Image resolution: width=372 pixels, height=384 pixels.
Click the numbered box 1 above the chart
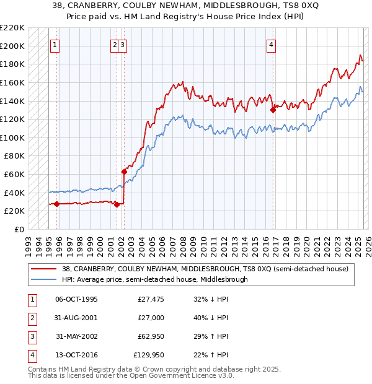[x=55, y=45]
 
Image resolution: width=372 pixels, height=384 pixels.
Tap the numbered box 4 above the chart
[x=272, y=45]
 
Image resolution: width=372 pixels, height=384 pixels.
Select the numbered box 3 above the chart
[x=123, y=45]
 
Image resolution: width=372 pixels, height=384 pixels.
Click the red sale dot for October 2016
[x=273, y=110]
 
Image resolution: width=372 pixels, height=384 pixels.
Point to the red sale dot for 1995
[x=56, y=204]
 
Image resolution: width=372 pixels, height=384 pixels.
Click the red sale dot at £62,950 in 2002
[x=124, y=172]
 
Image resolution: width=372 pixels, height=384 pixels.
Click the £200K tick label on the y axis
[x=12, y=46]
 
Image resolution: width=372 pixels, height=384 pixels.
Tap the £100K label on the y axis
[x=12, y=137]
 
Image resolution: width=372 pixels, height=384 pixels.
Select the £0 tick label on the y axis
[x=20, y=229]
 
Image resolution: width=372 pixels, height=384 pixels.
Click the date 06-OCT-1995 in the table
[x=77, y=299]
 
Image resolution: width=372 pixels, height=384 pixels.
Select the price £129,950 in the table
[x=151, y=355]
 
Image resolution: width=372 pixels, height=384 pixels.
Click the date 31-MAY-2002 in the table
[x=77, y=336]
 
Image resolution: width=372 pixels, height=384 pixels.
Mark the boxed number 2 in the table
[x=30, y=318]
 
